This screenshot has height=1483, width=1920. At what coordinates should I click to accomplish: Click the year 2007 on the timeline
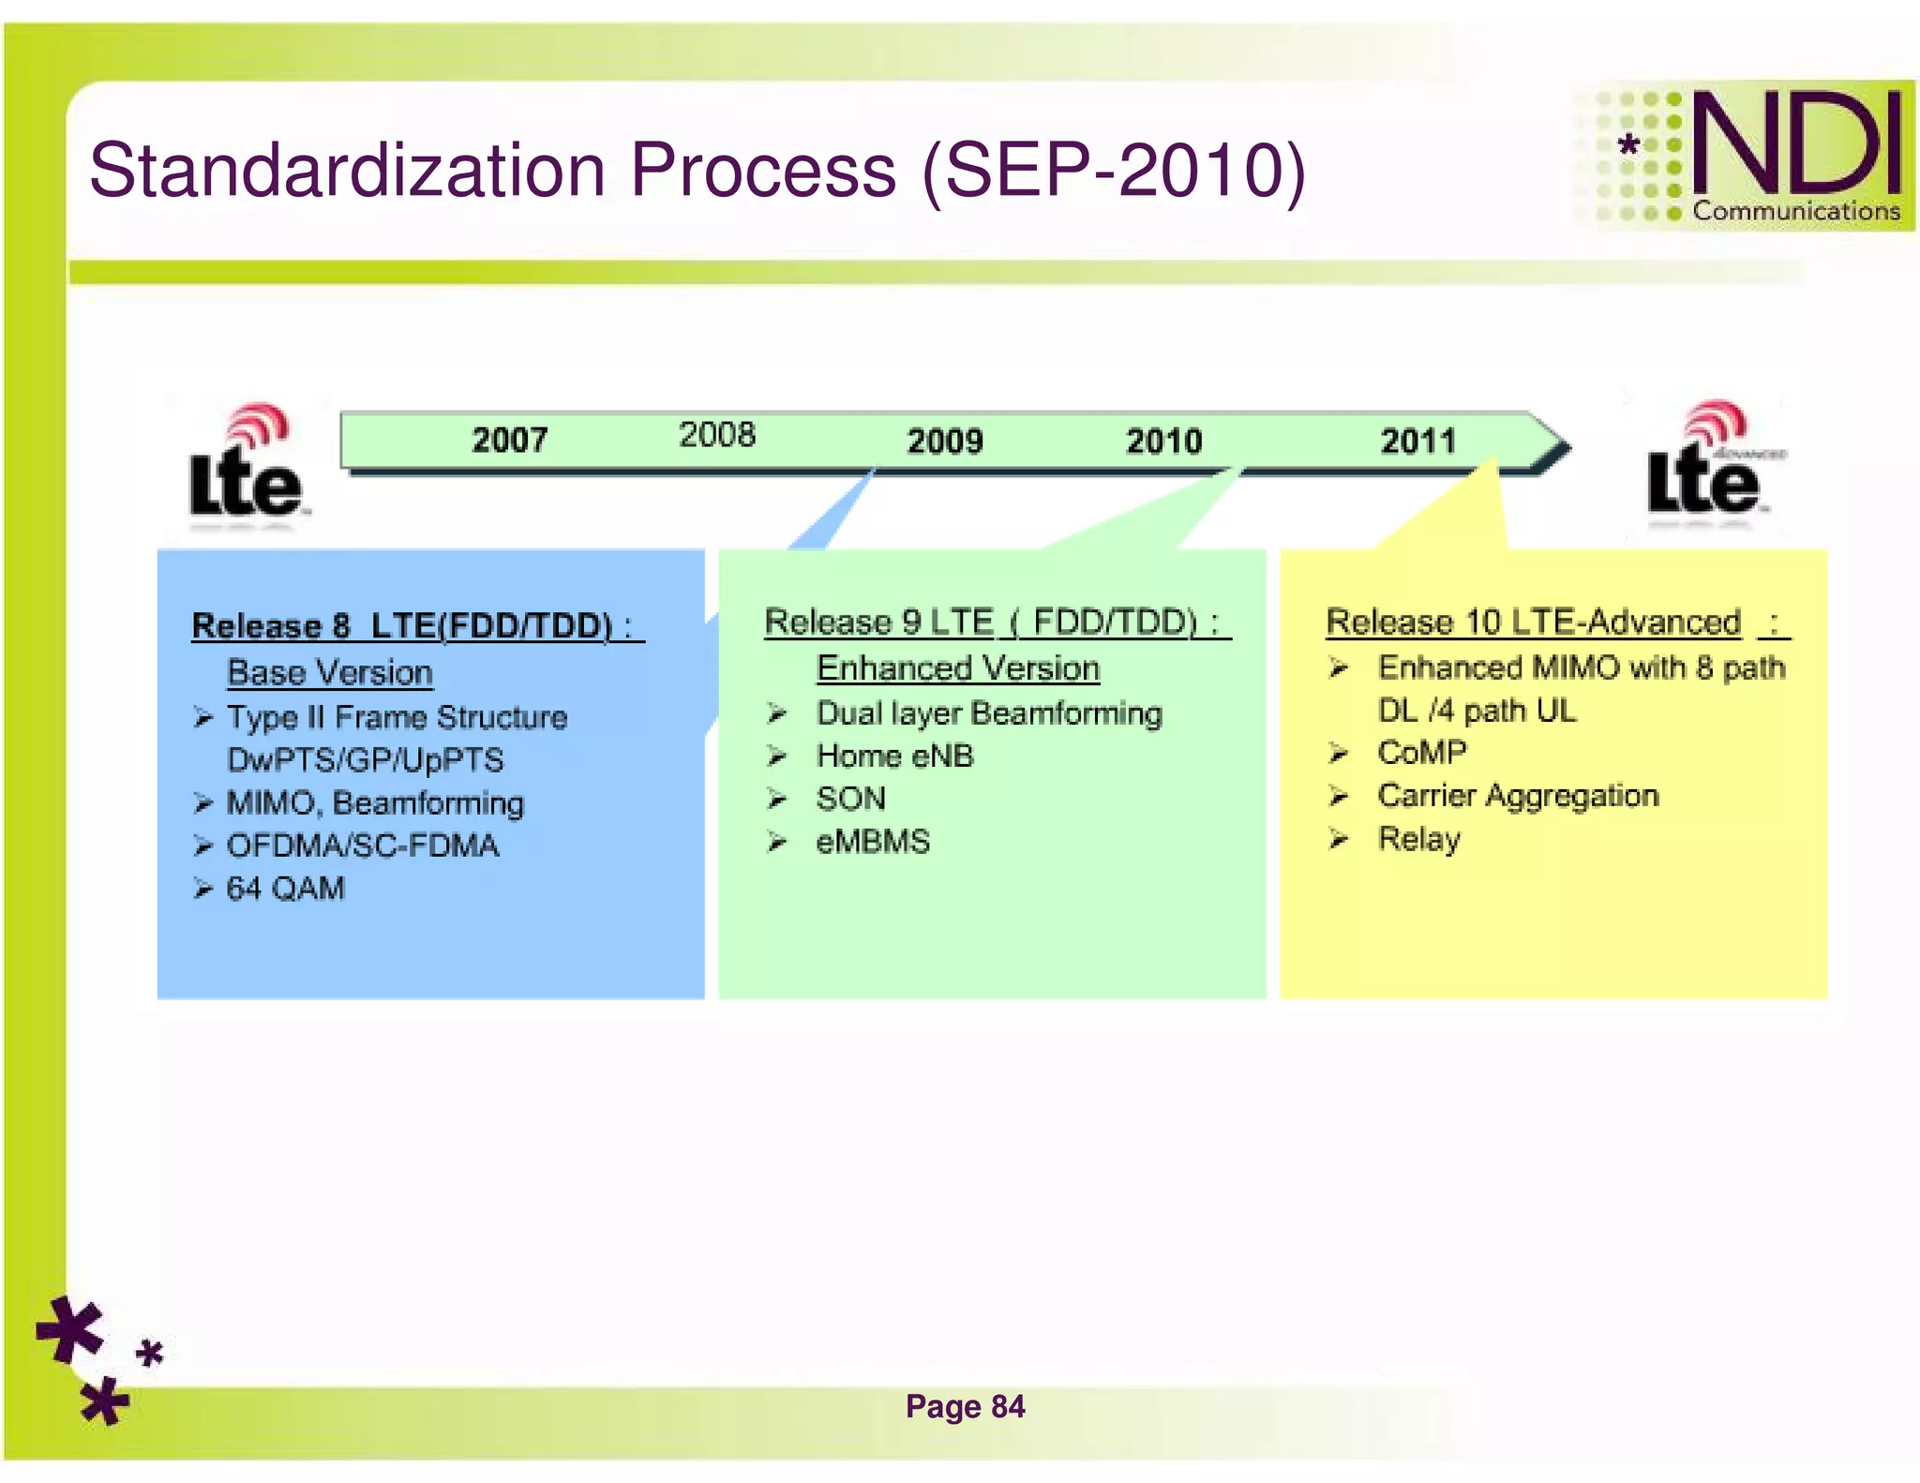point(509,440)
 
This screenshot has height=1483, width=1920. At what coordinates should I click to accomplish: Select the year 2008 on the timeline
point(716,435)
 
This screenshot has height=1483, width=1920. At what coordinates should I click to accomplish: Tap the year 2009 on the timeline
point(944,441)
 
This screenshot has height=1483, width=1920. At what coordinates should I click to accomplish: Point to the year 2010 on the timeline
point(1163,441)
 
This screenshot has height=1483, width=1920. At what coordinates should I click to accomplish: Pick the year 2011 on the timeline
point(1417,441)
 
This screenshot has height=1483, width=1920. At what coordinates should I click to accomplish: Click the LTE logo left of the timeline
point(247,464)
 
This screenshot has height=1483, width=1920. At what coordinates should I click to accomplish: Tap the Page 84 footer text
point(965,1406)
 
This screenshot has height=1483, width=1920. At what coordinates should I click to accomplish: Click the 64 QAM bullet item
point(285,888)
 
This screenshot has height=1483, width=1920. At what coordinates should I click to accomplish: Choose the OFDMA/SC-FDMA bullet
point(363,846)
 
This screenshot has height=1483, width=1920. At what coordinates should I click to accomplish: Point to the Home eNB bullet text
point(894,756)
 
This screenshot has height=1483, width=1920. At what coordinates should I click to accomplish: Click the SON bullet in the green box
point(850,799)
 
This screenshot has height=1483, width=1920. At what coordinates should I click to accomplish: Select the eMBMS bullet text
point(873,841)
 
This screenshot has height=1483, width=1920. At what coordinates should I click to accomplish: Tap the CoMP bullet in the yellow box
point(1421,752)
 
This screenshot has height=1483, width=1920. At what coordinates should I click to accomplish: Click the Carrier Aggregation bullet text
point(1518,796)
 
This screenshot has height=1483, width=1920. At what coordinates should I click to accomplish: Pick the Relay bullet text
point(1418,839)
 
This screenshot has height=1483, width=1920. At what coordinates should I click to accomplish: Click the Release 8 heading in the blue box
point(412,625)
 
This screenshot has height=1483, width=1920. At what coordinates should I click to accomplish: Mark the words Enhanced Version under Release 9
point(957,668)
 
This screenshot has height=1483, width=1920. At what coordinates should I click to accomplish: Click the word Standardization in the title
point(347,171)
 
